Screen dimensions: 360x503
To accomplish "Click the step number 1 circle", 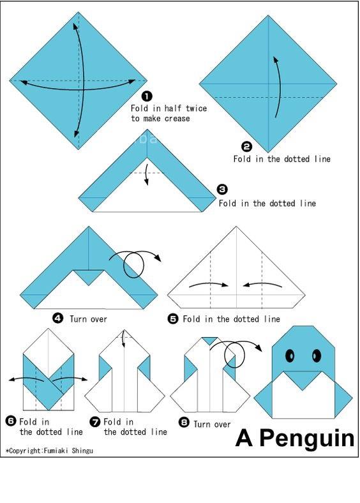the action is click(x=147, y=96).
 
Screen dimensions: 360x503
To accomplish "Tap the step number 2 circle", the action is click(x=246, y=147).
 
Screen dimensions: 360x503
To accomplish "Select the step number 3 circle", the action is click(x=222, y=190).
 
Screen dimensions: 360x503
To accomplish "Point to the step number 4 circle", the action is click(x=57, y=319).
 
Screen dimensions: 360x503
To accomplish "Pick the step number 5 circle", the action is click(x=173, y=319).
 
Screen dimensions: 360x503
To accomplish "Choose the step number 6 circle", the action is click(x=11, y=421).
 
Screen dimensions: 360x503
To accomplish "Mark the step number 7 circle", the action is click(x=95, y=421).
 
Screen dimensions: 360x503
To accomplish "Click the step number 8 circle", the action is click(x=184, y=422).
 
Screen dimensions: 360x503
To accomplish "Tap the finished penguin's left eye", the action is click(x=290, y=355).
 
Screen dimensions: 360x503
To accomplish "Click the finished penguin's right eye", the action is click(x=316, y=355).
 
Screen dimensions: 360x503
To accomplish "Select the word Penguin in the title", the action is click(x=306, y=439).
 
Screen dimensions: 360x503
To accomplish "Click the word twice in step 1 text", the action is click(x=197, y=108).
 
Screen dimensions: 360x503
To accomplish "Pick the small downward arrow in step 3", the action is click(x=146, y=174).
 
